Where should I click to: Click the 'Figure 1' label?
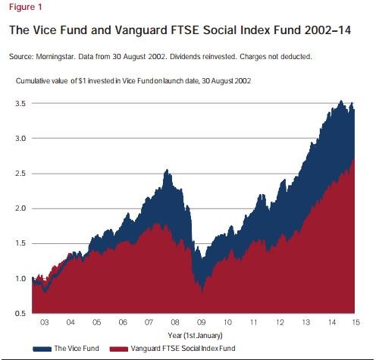click(24, 8)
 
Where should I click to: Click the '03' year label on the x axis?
click(44, 322)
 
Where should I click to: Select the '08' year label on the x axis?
click(176, 322)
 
